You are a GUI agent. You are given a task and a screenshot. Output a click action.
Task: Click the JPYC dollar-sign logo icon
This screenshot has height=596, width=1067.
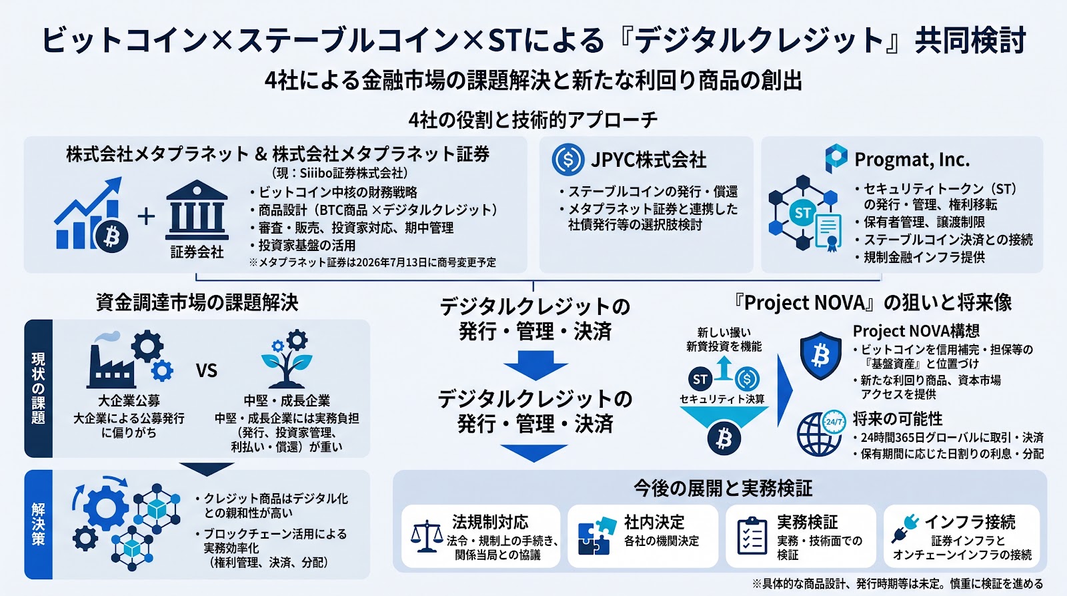(568, 160)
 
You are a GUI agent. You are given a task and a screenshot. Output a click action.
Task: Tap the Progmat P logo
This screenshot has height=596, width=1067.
(836, 158)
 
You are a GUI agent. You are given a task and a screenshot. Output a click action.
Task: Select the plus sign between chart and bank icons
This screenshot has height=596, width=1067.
(146, 216)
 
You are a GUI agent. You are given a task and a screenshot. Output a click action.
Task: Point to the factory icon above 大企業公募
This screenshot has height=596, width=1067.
(129, 358)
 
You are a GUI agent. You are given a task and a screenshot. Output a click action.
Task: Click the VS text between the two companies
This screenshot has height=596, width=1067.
(206, 370)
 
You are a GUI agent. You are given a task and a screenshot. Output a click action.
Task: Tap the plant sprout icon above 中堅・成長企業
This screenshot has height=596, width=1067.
(287, 358)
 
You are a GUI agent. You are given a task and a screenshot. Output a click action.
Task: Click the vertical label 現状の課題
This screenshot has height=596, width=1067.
(38, 388)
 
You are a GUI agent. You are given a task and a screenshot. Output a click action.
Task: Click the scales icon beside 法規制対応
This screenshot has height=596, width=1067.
(427, 536)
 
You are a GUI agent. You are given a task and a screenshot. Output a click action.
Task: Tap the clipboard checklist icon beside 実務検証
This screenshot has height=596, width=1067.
(752, 536)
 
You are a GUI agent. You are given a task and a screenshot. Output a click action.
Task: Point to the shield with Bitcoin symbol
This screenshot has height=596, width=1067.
(820, 356)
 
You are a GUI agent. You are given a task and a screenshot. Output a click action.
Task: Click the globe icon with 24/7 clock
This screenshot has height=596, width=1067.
(821, 433)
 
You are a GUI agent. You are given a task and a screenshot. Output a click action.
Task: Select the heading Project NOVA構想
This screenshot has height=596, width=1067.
(916, 330)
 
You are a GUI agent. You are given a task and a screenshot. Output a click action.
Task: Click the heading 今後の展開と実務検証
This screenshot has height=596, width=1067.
(723, 488)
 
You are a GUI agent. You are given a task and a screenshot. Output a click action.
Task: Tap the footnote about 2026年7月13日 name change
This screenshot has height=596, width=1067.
(372, 262)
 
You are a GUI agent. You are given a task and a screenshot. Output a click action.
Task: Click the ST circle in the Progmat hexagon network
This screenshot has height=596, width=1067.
(803, 213)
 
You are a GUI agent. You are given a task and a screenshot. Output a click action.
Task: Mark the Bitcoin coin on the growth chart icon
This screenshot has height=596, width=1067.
(111, 236)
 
